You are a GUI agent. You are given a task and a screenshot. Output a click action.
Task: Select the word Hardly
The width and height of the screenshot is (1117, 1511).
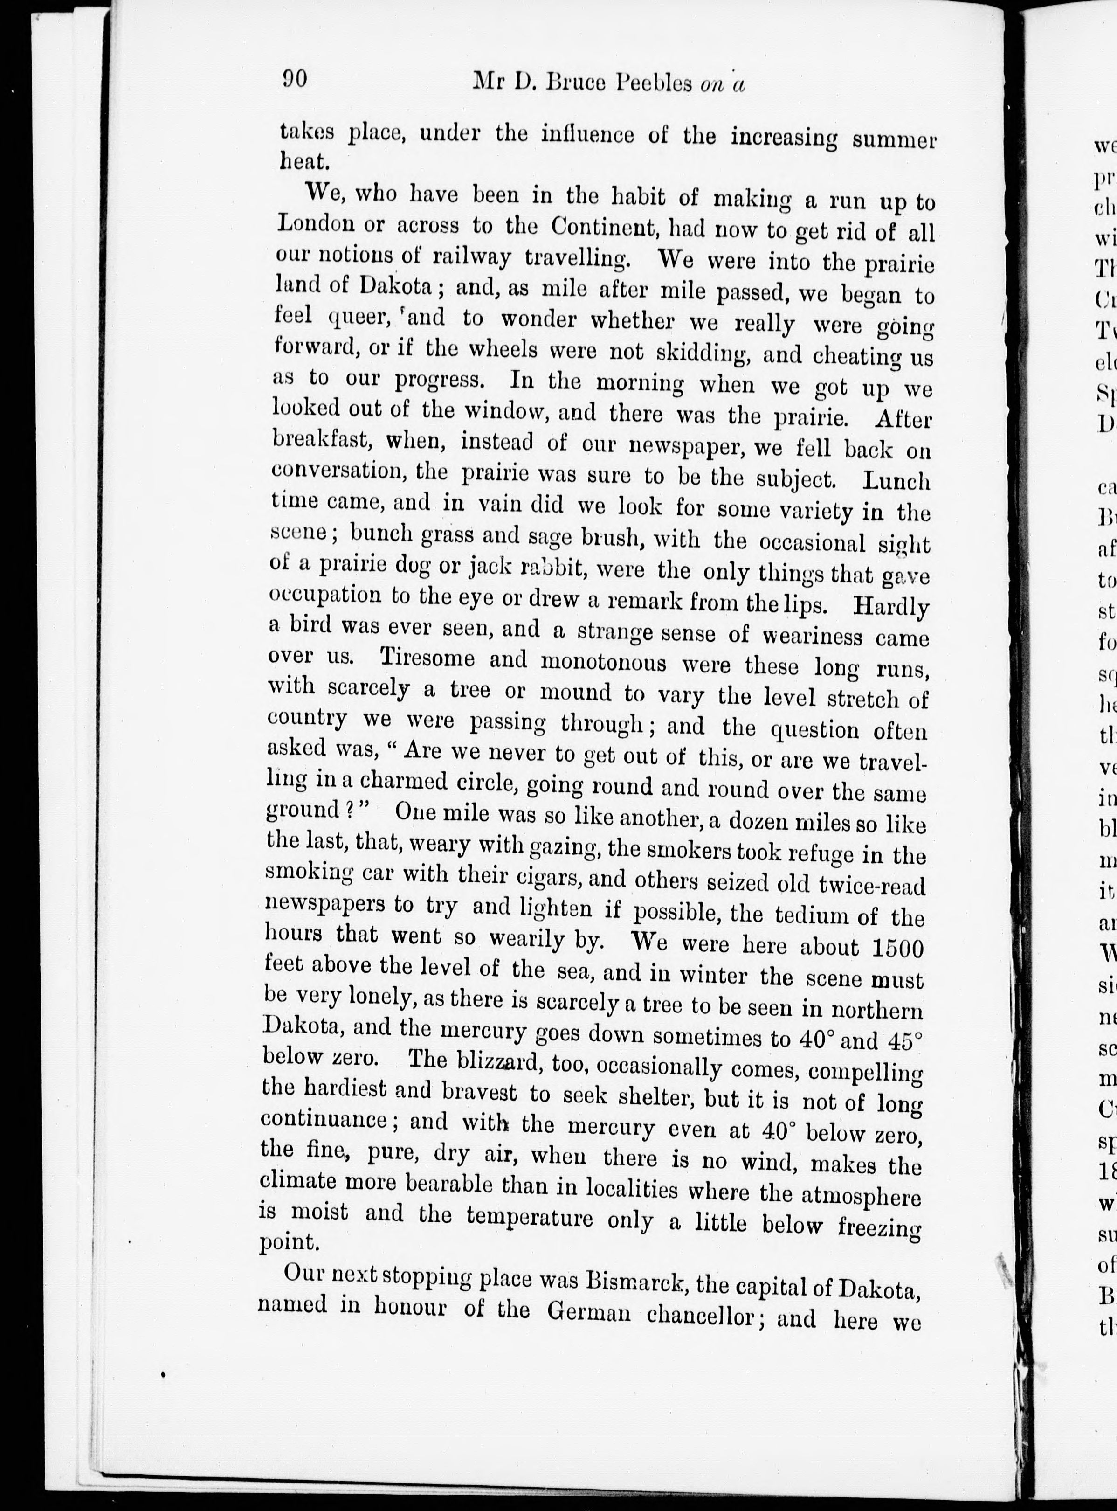(890, 607)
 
